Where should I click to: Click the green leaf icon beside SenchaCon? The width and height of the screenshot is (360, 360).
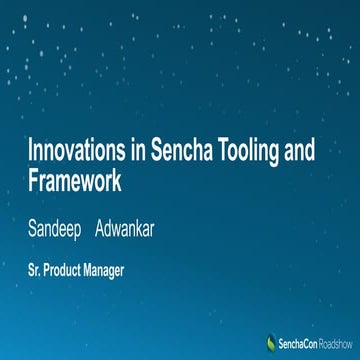pyautogui.click(x=270, y=341)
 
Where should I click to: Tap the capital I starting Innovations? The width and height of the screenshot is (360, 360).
pyautogui.click(x=30, y=151)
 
